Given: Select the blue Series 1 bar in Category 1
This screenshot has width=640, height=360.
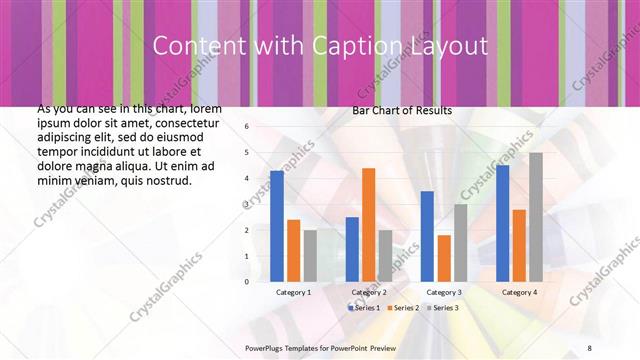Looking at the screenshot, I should click(277, 226).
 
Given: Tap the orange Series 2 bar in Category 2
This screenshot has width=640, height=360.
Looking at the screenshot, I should click(368, 224).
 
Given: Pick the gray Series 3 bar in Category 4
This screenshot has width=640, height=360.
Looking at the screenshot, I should click(536, 217).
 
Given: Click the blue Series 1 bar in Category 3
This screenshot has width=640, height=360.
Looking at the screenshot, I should click(427, 236).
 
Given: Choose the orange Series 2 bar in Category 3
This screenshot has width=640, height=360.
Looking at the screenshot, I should click(443, 258).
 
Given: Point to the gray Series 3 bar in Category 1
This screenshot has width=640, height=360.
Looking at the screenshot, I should click(310, 255).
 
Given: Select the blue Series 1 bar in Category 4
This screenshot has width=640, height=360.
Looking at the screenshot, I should click(502, 223).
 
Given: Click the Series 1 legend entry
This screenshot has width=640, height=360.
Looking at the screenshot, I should click(364, 307).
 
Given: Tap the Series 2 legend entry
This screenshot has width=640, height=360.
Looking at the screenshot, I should click(404, 307).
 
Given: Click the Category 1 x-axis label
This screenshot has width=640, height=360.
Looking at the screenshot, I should click(293, 292).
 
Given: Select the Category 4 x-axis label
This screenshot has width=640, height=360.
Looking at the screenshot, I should click(519, 292).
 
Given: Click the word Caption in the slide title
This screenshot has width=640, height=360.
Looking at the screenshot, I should click(366, 46).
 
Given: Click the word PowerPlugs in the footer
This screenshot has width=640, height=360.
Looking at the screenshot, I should click(265, 348).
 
